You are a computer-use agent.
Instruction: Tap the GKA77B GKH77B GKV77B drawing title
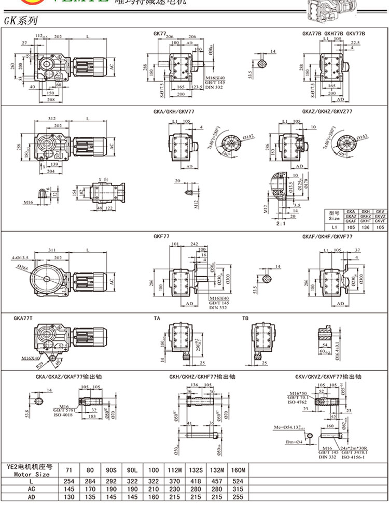[x=334, y=33]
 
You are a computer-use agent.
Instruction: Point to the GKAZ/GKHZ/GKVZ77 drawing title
[x=327, y=111]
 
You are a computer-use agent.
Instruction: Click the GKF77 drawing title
[x=161, y=236]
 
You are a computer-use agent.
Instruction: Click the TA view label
[x=157, y=318]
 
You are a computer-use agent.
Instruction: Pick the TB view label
[x=245, y=318]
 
